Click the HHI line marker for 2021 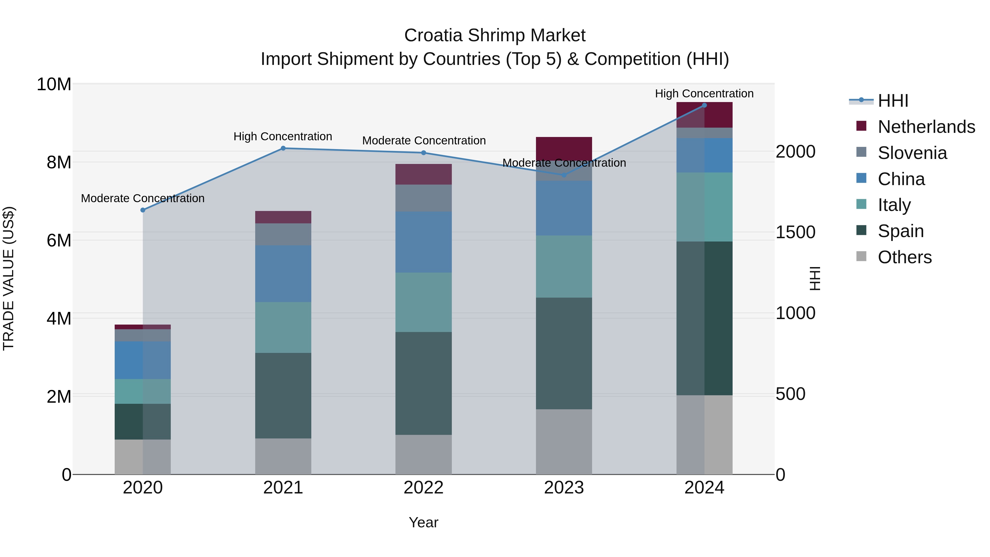[283, 148]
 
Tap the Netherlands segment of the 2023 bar [564, 148]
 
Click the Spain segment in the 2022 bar [423, 383]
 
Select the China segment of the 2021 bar [283, 273]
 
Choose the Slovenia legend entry [912, 153]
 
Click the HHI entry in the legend [893, 101]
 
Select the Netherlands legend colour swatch [861, 126]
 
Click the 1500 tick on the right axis [795, 232]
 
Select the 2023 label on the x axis [564, 488]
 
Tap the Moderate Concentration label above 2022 [424, 141]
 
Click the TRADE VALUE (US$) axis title [9, 278]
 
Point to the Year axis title [423, 522]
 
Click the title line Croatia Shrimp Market [495, 35]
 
